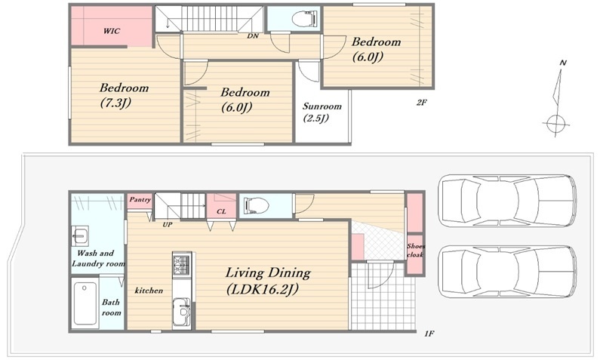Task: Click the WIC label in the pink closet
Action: point(112,31)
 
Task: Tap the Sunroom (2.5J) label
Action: point(322,112)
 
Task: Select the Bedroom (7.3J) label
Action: point(124,95)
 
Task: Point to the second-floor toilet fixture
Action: point(305,18)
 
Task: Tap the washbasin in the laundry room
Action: point(80,236)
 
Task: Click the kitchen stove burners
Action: point(182,263)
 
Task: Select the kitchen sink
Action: point(182,312)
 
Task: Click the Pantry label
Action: point(140,200)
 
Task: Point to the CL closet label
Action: point(221,211)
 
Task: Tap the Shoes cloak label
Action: point(416,251)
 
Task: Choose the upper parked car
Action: point(506,202)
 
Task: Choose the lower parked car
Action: point(506,271)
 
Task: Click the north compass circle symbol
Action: point(555,124)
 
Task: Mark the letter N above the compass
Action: point(562,63)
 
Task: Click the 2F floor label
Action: point(421,102)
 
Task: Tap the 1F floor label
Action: point(429,334)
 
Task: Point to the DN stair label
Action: point(253,36)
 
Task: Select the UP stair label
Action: point(168,225)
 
